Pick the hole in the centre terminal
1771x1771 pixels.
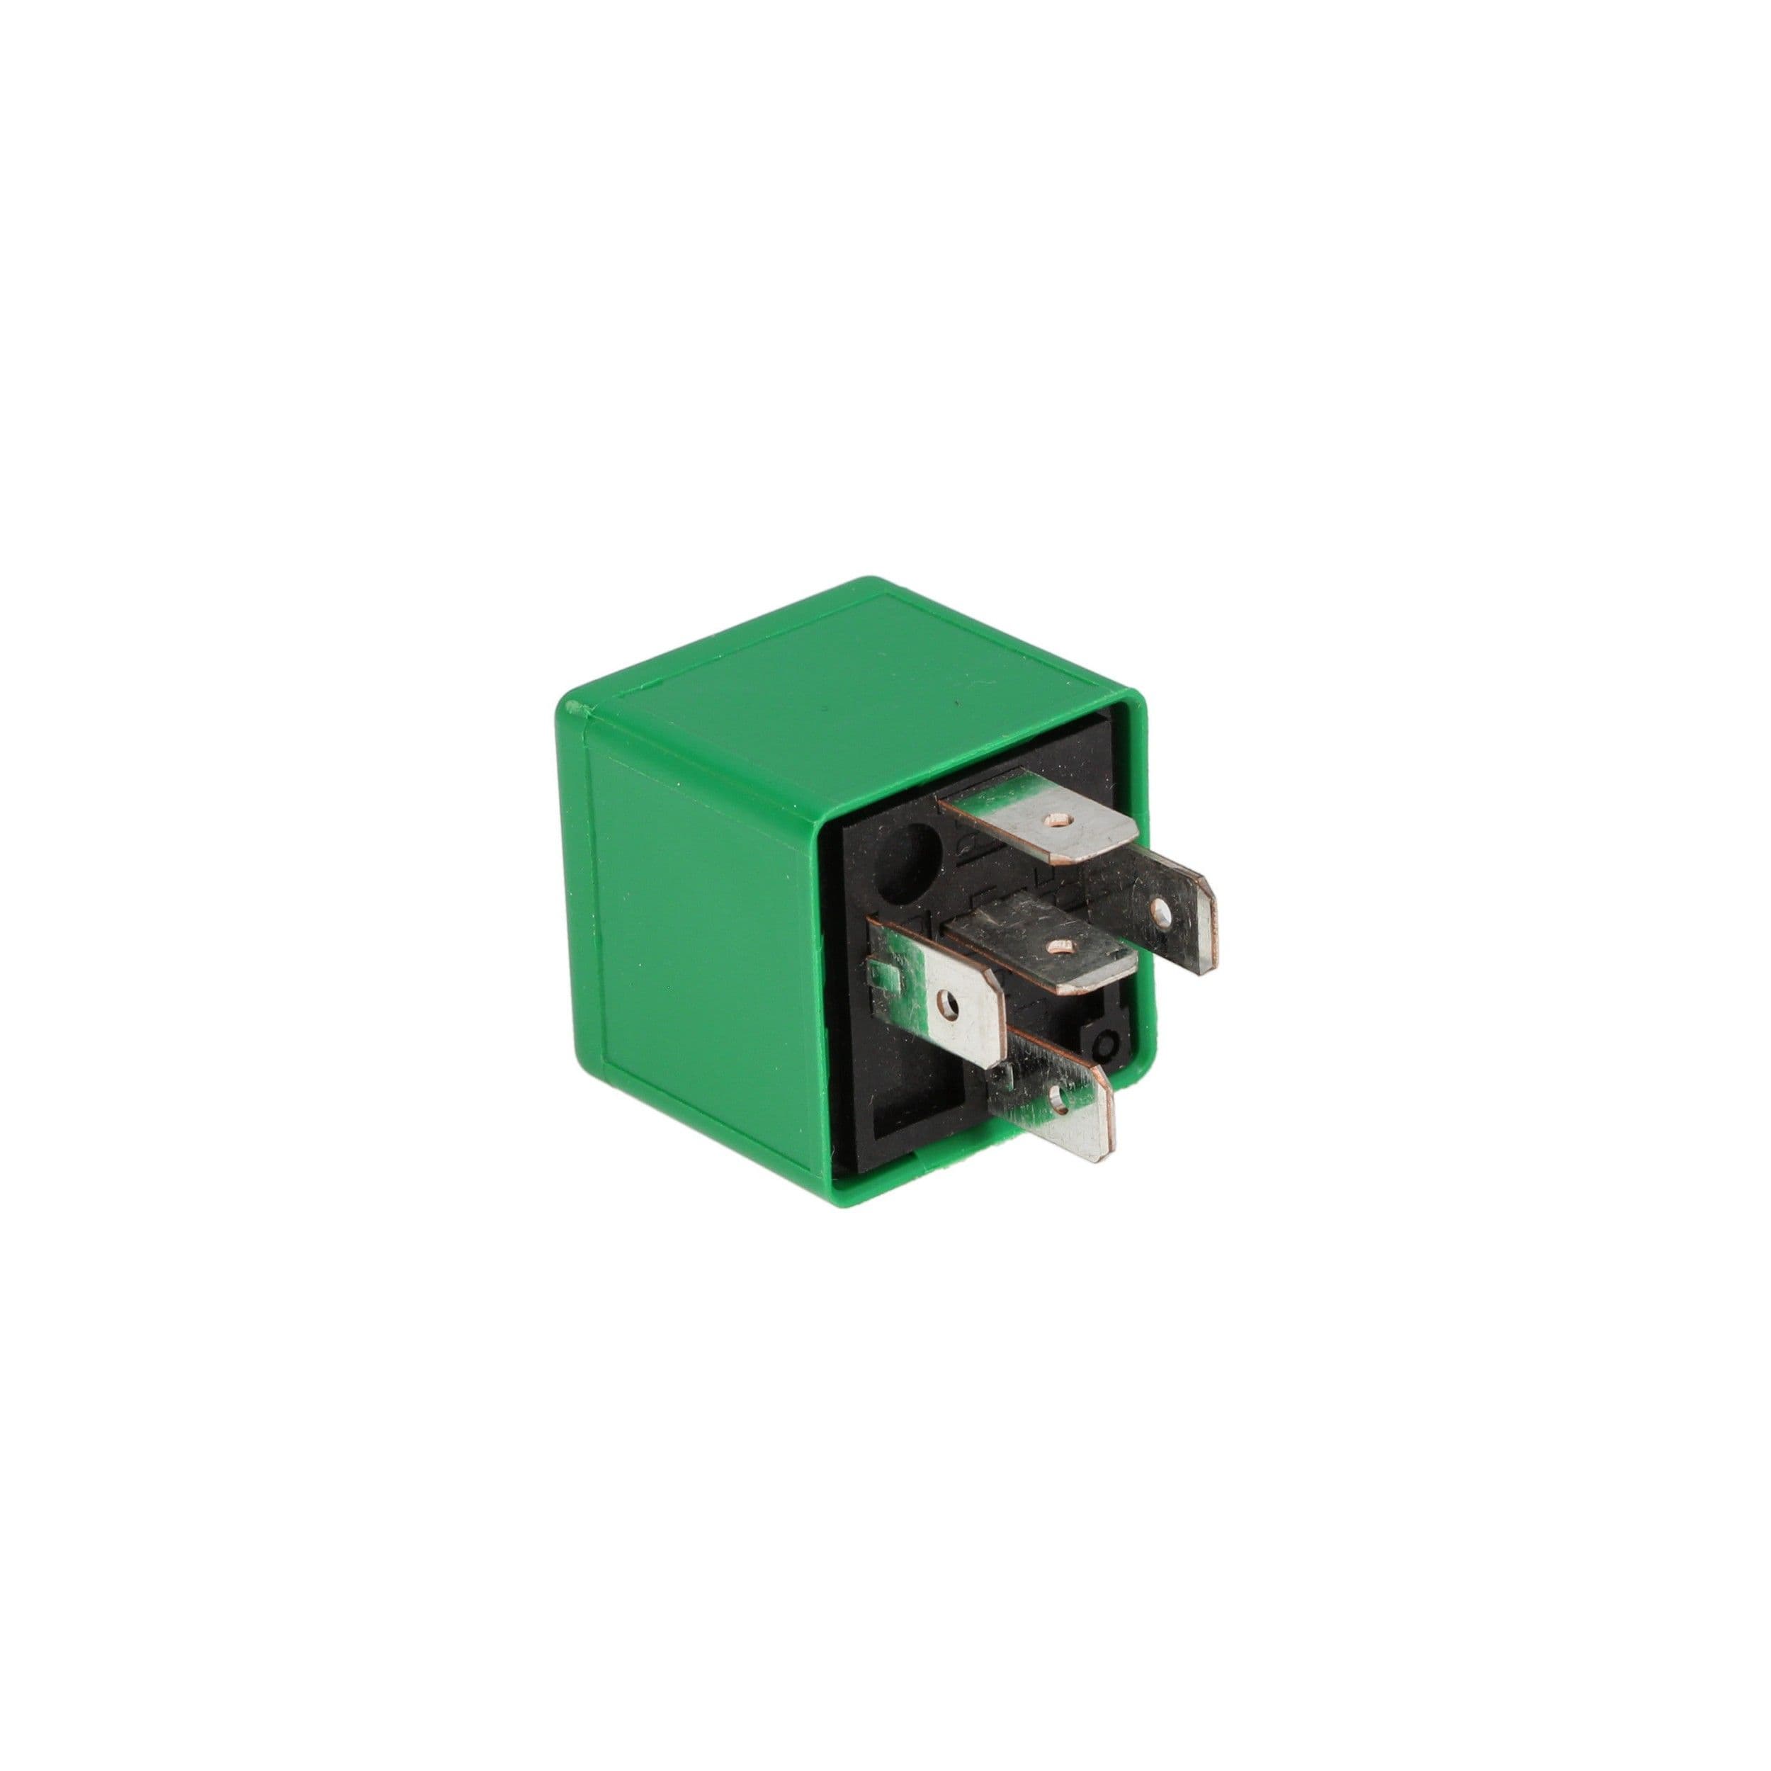pos(1063,945)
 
